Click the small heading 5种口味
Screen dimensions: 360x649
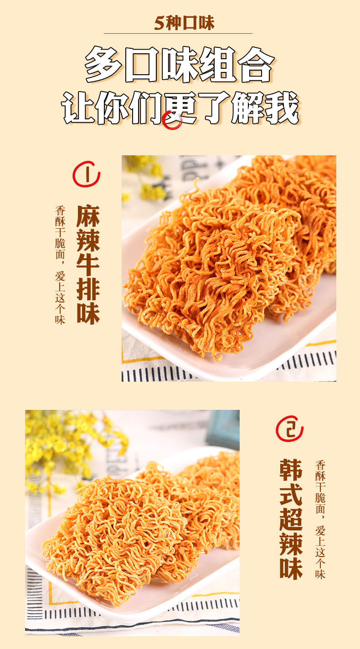click(x=184, y=23)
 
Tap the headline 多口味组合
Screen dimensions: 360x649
click(x=180, y=64)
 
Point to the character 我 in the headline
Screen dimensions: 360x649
click(x=282, y=108)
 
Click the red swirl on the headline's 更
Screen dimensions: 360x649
click(x=172, y=120)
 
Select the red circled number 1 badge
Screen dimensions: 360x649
click(x=86, y=174)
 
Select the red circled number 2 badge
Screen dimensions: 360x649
click(x=289, y=429)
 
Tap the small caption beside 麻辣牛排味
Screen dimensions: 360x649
click(x=60, y=265)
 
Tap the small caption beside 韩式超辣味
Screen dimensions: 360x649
click(x=320, y=520)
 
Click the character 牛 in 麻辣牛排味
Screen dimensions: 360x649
click(x=88, y=265)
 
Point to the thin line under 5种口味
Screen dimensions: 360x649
click(x=178, y=33)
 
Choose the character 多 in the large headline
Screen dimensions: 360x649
click(x=103, y=64)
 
